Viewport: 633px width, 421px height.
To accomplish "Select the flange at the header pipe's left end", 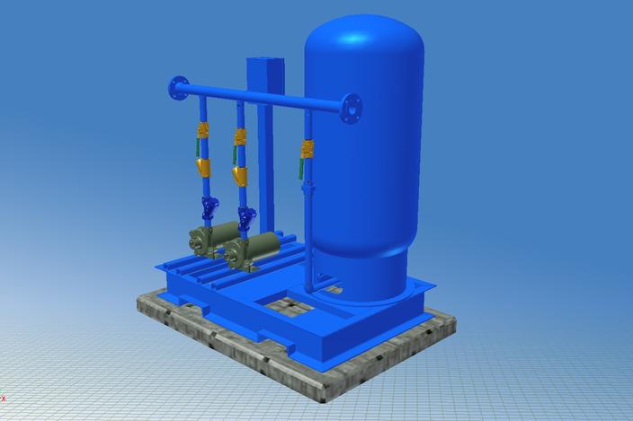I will click(178, 88).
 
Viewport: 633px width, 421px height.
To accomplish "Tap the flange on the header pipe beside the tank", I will click(351, 108).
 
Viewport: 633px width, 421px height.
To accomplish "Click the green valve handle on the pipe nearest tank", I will click(300, 166).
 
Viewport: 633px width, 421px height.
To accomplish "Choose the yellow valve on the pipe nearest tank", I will click(308, 148).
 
